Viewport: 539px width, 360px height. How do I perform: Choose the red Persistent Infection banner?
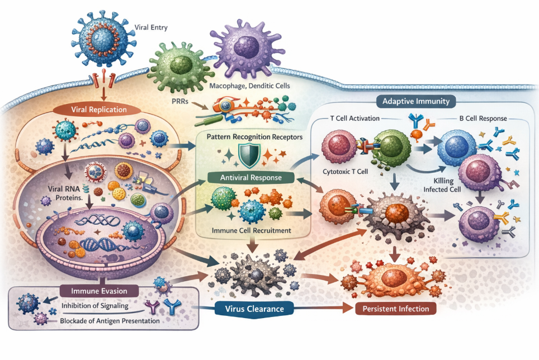[395, 309]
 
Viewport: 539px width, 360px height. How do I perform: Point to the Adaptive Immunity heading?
[419, 102]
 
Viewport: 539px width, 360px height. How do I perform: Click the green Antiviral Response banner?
[249, 178]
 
